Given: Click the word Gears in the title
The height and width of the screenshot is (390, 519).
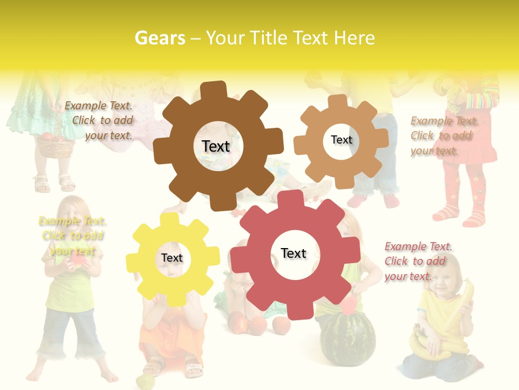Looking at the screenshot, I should (x=159, y=38).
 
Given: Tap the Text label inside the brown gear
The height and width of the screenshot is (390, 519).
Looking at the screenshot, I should (x=216, y=146).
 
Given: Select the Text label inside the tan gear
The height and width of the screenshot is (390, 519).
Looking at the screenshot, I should (x=341, y=140).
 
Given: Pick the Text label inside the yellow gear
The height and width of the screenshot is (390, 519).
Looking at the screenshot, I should (x=172, y=258).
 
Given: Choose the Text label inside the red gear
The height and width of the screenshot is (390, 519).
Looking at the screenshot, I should (x=294, y=253).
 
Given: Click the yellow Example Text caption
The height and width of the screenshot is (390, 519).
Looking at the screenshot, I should (x=72, y=236).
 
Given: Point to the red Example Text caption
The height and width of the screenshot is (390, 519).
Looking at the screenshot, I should (x=418, y=261).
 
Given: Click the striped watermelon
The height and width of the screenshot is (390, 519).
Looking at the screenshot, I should (x=347, y=339).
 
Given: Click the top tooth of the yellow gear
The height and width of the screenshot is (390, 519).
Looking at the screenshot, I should (x=170, y=219).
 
